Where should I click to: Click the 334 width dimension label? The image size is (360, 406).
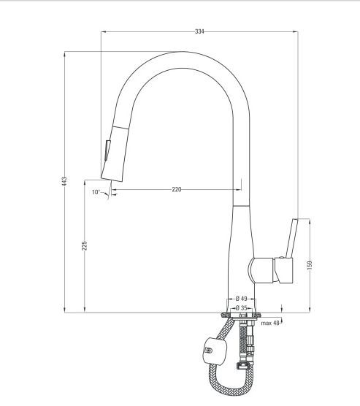[199, 31]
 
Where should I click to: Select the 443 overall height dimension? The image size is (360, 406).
[64, 181]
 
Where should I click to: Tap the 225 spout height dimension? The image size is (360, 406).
[85, 245]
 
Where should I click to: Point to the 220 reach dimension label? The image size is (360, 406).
[177, 190]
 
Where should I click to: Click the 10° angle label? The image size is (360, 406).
[96, 192]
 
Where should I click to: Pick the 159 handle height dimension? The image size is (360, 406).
[310, 264]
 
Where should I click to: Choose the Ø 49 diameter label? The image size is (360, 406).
[242, 299]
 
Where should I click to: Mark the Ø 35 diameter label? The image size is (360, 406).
[241, 308]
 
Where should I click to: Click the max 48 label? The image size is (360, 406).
[270, 323]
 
